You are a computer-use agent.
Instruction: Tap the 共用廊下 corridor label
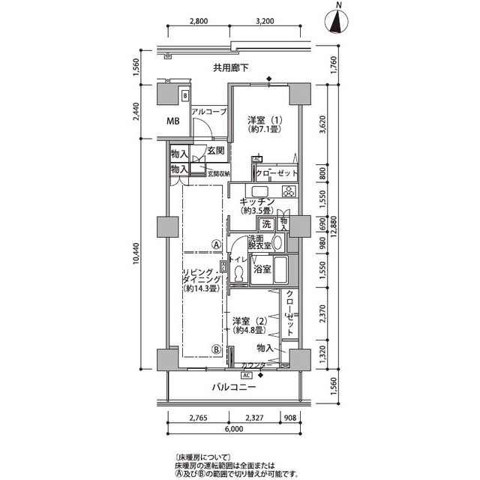click(x=230, y=68)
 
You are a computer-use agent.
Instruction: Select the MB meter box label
click(x=172, y=121)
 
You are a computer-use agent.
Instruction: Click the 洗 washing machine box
click(x=265, y=223)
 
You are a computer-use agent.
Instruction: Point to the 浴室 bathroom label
click(x=262, y=268)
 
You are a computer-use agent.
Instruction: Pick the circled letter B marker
click(x=215, y=349)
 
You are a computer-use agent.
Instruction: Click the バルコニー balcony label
click(x=232, y=388)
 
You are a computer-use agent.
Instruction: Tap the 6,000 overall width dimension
click(x=234, y=430)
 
